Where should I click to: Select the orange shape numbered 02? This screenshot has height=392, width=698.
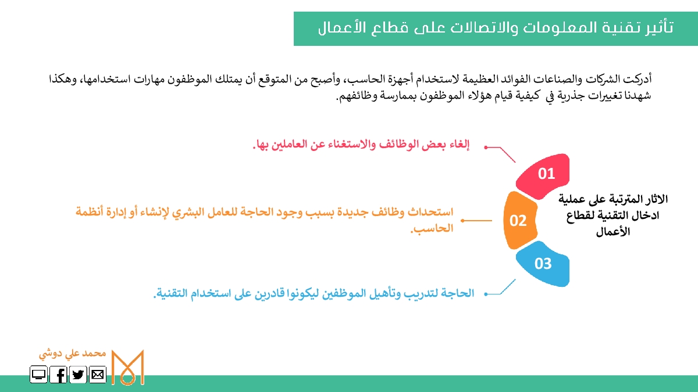coord(520,220)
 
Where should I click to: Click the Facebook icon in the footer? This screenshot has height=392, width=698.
coord(58,374)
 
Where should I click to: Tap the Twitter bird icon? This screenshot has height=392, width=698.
coord(78,374)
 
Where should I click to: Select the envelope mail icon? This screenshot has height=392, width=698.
coord(98,374)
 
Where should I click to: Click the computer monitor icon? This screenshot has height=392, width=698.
coord(38,374)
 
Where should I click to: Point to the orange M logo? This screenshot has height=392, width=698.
coord(128,368)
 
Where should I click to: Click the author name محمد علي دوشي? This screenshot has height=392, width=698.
coord(72,354)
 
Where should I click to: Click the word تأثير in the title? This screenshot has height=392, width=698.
coord(658,27)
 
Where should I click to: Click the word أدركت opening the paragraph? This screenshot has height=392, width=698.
coord(638,79)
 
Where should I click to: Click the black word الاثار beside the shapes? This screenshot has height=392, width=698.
coord(656,199)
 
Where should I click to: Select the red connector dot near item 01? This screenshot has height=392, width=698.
coord(486,148)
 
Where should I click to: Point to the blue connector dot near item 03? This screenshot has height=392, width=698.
coord(486,294)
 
